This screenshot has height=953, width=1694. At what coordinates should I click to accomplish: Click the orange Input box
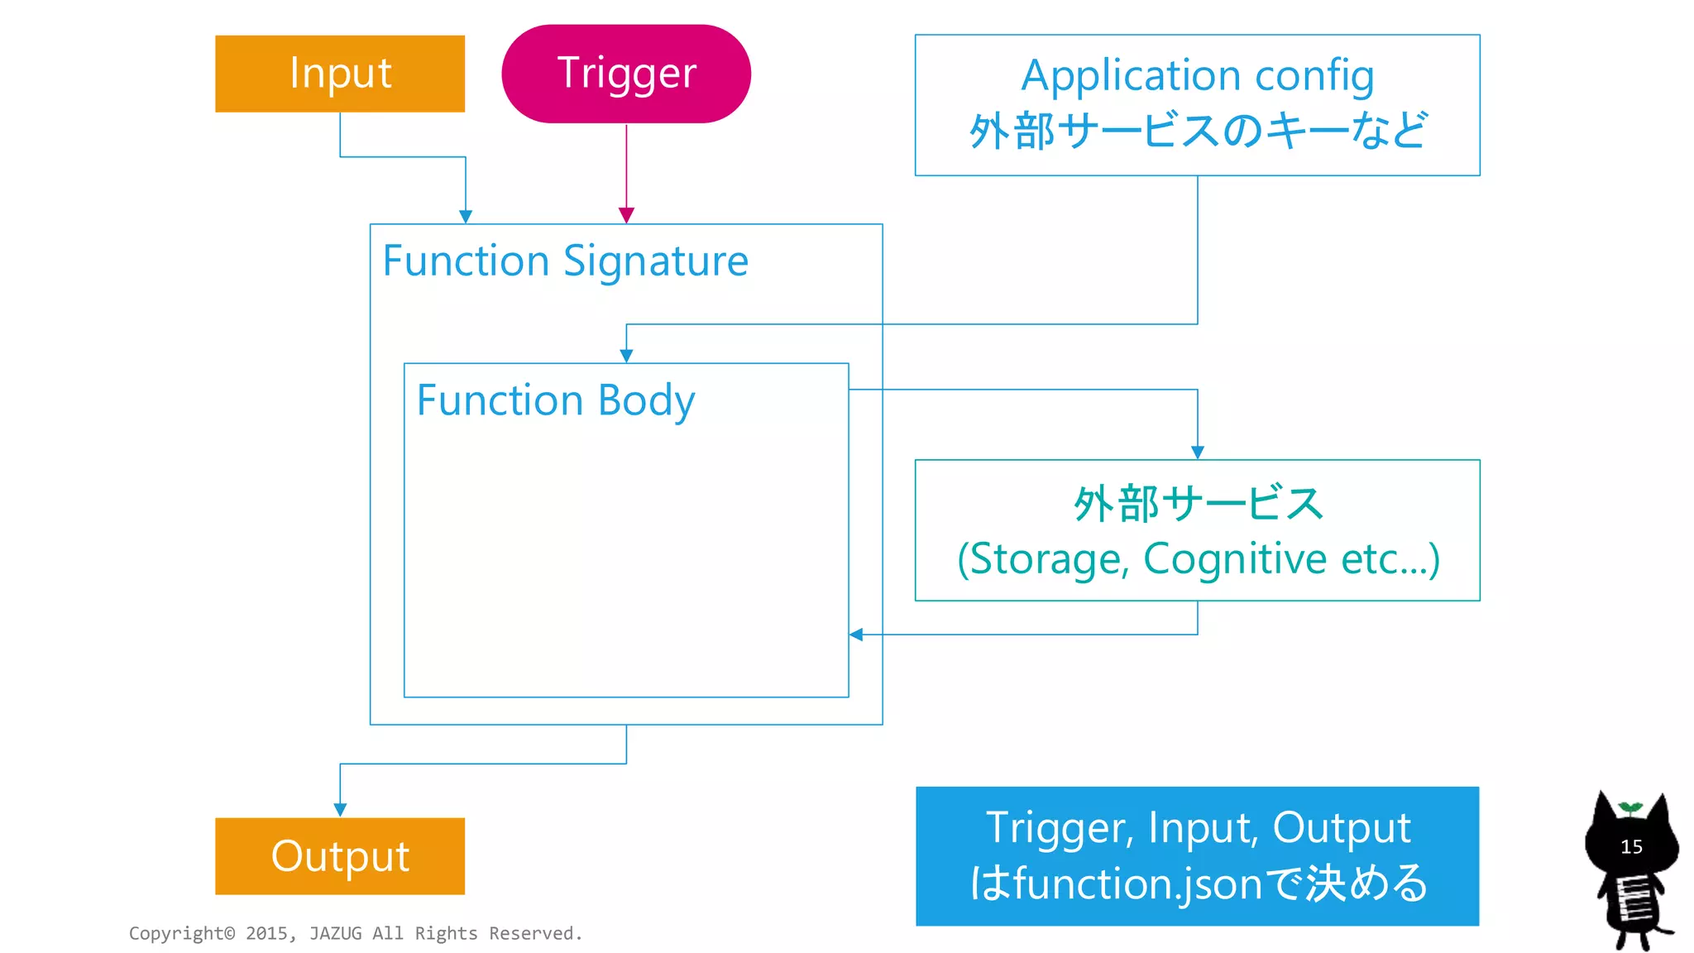coord(340,74)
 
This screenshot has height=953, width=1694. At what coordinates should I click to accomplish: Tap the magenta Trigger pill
coord(626,74)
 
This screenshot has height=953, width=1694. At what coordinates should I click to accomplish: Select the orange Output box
coord(340,856)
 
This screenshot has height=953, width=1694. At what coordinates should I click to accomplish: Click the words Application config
coord(1197,76)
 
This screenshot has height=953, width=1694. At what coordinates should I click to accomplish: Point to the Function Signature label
coord(566,261)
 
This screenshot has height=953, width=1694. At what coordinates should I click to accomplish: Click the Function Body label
coord(555,401)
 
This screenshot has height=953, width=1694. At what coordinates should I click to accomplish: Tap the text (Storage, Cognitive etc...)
coord(1198,559)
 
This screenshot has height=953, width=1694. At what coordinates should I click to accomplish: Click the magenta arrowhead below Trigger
coord(626,215)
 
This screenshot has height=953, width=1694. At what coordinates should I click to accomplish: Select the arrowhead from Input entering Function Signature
coord(466,216)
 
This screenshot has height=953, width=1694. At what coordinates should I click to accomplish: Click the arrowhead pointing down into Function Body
coord(626,356)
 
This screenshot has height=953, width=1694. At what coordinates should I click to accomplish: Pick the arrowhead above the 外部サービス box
coord(1198,452)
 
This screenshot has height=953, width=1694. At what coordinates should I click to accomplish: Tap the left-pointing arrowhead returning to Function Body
coord(857,635)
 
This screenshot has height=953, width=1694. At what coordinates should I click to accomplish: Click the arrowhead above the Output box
coord(340,809)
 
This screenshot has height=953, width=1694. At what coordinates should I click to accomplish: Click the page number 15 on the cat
coord(1631,847)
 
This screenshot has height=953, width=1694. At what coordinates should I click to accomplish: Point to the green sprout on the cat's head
coord(1630,807)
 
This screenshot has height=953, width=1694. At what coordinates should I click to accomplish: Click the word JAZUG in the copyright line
coord(335,933)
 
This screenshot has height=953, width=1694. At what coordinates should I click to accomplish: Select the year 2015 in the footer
coord(266,933)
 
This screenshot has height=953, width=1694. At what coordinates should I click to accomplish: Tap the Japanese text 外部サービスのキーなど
coord(1198,131)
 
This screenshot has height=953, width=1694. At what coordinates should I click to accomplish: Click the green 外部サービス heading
coord(1198,504)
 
